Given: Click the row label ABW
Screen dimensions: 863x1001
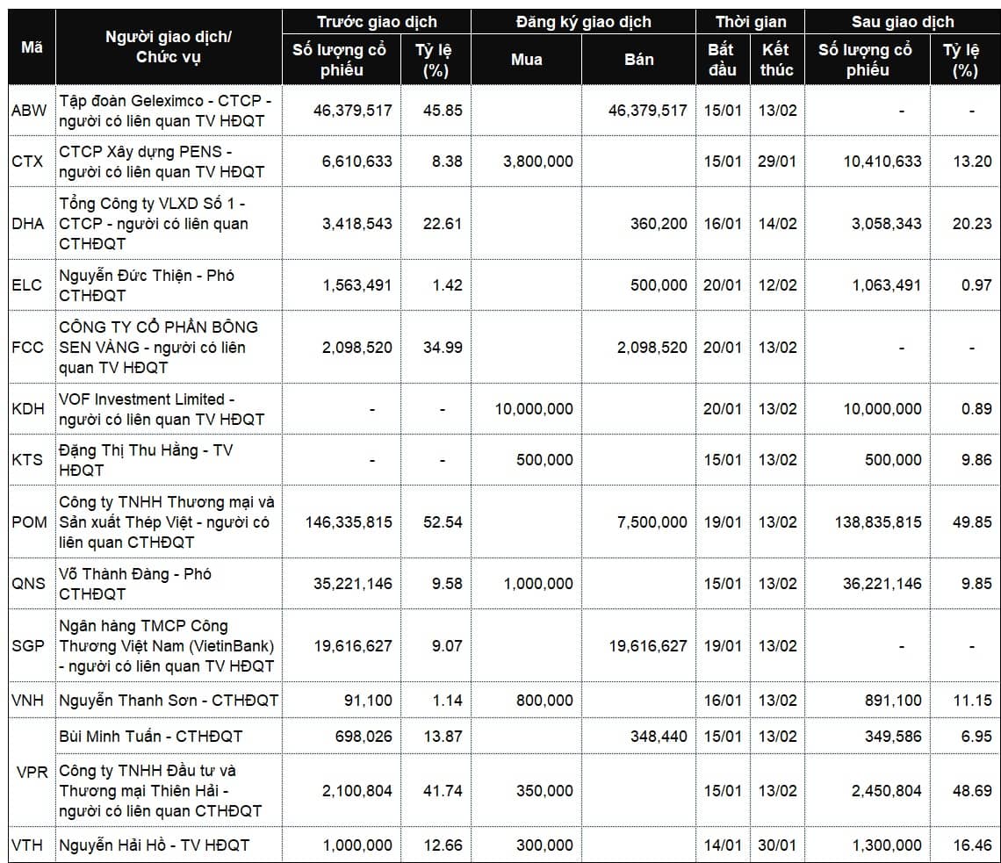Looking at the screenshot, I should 29,111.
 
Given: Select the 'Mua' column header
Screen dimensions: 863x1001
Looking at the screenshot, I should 526,60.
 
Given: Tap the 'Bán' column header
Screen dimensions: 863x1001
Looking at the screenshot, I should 638,60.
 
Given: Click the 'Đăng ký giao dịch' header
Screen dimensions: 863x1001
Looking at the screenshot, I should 583,22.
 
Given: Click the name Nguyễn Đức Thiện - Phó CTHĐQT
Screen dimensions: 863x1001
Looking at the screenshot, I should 147,285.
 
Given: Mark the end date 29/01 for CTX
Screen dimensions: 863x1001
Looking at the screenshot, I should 777,162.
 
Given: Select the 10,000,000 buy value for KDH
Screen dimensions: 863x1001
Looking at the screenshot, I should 534,409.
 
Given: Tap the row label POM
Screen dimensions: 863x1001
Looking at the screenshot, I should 29,522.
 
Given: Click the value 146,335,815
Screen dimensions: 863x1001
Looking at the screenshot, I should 349,522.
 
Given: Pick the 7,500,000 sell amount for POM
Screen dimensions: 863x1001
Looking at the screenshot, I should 646,522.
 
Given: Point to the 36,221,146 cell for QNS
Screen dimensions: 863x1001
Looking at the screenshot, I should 882,584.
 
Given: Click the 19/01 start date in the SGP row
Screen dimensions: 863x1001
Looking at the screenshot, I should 722,646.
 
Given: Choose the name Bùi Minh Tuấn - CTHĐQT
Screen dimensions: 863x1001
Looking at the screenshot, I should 150,737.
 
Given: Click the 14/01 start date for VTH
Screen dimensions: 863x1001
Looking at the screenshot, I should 722,846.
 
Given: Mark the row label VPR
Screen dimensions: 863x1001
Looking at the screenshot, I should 32,773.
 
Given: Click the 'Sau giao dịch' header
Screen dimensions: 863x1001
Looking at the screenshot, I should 902,22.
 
